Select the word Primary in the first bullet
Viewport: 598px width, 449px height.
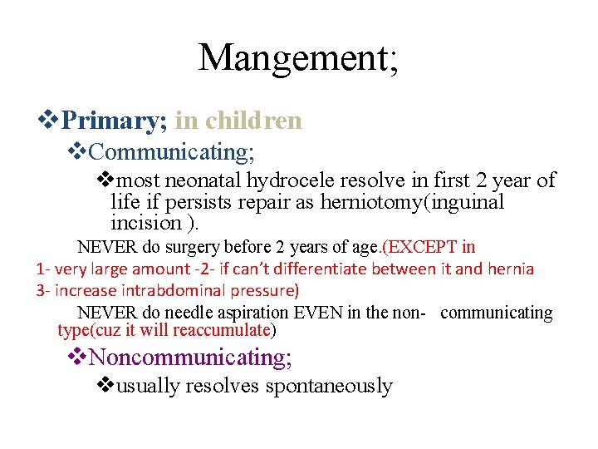(114, 121)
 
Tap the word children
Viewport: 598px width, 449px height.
(253, 121)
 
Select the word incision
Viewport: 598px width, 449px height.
(146, 223)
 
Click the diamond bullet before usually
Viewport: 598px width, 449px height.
(105, 386)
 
